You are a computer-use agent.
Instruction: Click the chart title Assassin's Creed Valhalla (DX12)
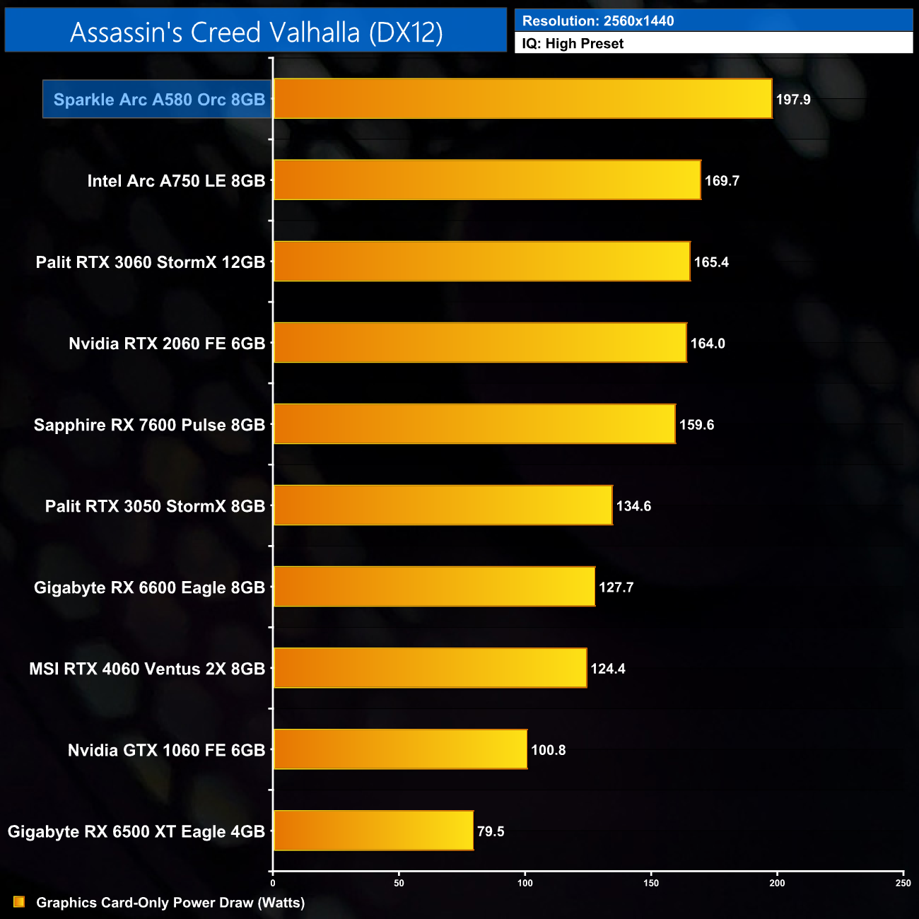point(256,33)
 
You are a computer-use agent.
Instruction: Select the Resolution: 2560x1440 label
point(598,21)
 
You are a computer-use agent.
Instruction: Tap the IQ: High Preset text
point(573,44)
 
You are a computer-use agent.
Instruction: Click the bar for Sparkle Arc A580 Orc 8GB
point(522,99)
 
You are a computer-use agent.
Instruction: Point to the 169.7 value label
point(722,181)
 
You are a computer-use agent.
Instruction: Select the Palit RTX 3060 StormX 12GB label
point(151,262)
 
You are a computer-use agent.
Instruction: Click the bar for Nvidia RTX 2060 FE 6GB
point(480,343)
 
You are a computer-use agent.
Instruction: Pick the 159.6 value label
point(696,425)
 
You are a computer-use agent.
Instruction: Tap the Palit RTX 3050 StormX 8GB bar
point(443,505)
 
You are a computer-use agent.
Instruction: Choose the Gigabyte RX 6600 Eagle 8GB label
point(149,587)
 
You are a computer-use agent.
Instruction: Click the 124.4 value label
point(608,669)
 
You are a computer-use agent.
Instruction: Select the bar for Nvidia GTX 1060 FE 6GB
point(400,749)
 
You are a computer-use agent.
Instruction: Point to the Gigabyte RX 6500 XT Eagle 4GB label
point(136,831)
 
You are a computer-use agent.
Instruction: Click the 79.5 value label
point(491,831)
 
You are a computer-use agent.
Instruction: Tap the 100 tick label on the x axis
point(525,883)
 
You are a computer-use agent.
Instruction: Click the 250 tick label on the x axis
point(903,883)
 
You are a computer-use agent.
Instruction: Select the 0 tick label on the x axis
point(273,883)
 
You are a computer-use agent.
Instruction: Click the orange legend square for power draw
point(19,902)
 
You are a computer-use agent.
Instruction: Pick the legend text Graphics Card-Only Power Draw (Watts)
point(170,903)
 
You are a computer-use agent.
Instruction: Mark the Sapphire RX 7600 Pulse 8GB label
point(149,425)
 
